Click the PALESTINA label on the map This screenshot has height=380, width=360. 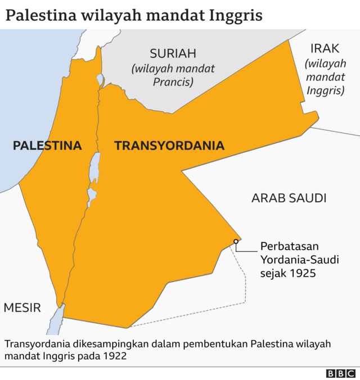(x=47, y=146)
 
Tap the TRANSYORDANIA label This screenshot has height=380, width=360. (x=169, y=146)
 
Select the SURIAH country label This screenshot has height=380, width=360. (x=173, y=54)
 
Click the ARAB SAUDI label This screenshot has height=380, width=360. (x=289, y=198)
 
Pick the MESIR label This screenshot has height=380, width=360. (x=22, y=307)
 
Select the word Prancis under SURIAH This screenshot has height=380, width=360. (x=173, y=82)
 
